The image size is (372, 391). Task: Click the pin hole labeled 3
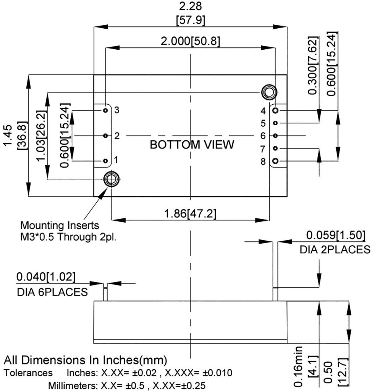105,110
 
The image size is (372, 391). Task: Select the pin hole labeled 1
105,161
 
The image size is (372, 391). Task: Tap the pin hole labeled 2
105,136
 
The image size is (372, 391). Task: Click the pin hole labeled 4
276,110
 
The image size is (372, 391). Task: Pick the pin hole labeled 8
276,161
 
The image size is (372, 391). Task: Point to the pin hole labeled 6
276,136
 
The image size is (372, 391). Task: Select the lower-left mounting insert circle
112,178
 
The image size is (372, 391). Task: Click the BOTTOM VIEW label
192,145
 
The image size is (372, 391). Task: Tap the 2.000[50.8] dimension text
190,41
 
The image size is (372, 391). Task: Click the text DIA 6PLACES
52,292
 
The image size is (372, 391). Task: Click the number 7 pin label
263,149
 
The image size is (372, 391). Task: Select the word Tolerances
28,373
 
